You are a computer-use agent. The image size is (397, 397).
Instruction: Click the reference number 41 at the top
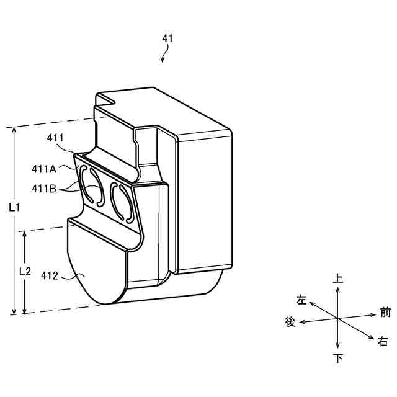tap(167, 38)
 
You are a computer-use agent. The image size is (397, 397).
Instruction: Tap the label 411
tap(55, 138)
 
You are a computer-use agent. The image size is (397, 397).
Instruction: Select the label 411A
tap(44, 169)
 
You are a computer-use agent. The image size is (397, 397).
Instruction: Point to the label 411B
tap(44, 189)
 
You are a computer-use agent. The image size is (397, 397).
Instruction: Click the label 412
tap(50, 275)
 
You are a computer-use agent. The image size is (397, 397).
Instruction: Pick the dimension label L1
tap(14, 208)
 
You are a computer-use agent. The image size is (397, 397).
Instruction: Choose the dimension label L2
tap(25, 272)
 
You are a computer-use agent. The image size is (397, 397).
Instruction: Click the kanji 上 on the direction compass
tap(337, 278)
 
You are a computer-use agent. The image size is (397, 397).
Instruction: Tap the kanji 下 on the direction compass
tap(338, 358)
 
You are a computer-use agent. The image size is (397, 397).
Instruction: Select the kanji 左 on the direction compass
tap(301, 300)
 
